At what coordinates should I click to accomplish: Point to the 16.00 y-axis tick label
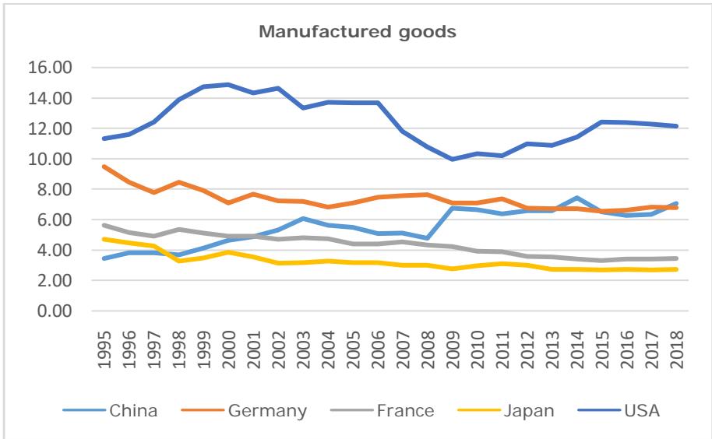pyautogui.click(x=50, y=68)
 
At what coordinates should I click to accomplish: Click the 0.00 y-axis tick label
pyautogui.click(x=53, y=311)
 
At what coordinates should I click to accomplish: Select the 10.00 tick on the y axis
pyautogui.click(x=50, y=159)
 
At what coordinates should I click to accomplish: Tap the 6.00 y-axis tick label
pyautogui.click(x=53, y=220)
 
